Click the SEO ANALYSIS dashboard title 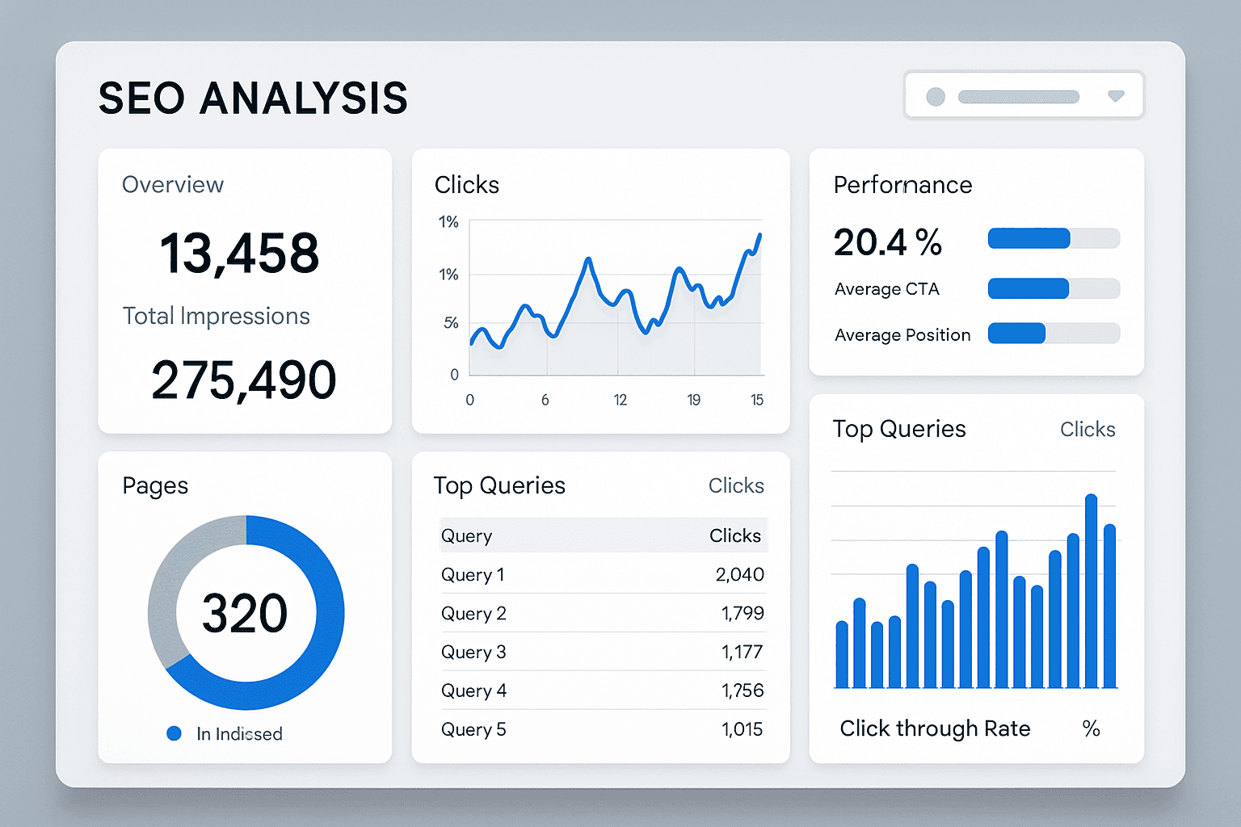253,98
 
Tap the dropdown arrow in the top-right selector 1116,96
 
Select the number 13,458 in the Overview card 239,253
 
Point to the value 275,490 243,380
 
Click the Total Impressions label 216,316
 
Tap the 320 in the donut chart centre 244,613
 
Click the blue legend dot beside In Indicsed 174,733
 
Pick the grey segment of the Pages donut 174,581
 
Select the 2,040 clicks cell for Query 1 739,574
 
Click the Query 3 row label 473,652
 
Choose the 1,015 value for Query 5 742,729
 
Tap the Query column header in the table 466,535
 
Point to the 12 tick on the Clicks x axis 620,400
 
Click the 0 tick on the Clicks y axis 454,375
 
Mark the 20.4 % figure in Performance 887,242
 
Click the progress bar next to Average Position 1054,333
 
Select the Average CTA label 886,289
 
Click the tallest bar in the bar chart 1091,590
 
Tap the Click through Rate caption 935,728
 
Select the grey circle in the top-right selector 936,97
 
